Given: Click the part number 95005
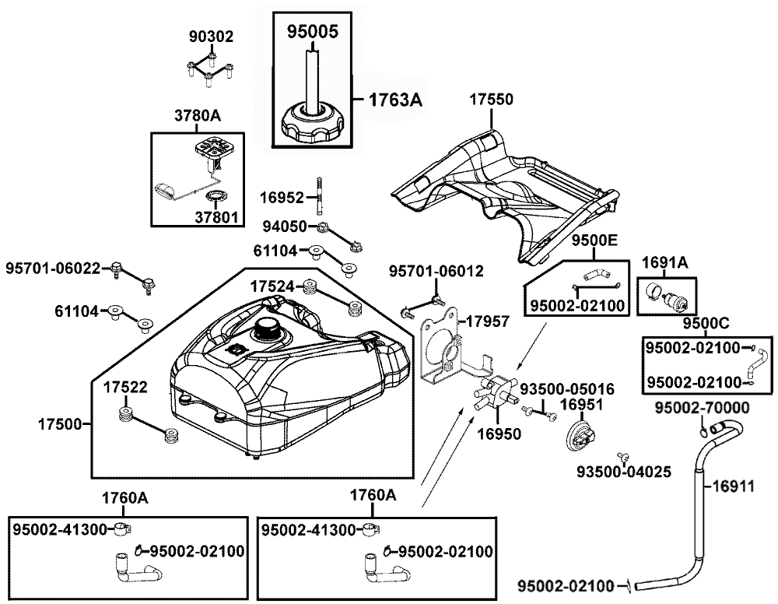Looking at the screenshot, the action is pos(313,32).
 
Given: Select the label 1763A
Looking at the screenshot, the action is pos(395,100).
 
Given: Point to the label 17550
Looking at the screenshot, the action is pos(491,100).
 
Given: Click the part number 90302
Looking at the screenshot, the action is pos(211,37).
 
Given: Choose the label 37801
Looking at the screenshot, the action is pos(216,217).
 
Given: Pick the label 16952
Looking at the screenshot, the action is pos(282,198).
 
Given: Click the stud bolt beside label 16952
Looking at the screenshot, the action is pos(321,196).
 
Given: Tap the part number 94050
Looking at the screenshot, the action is pos(285,226).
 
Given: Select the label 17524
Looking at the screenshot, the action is pos(272,286).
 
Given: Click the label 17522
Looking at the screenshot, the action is pos(125,387).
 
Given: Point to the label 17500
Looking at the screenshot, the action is pos(60,424).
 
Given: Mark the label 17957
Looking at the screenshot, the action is pos(488,321).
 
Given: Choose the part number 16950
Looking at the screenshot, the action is pos(499,434).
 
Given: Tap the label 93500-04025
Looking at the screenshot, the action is pos(624,472).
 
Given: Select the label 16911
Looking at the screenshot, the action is pos(734,486).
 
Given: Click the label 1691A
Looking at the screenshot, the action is pos(665,262).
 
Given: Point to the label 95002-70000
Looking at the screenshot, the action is pos(703,408).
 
